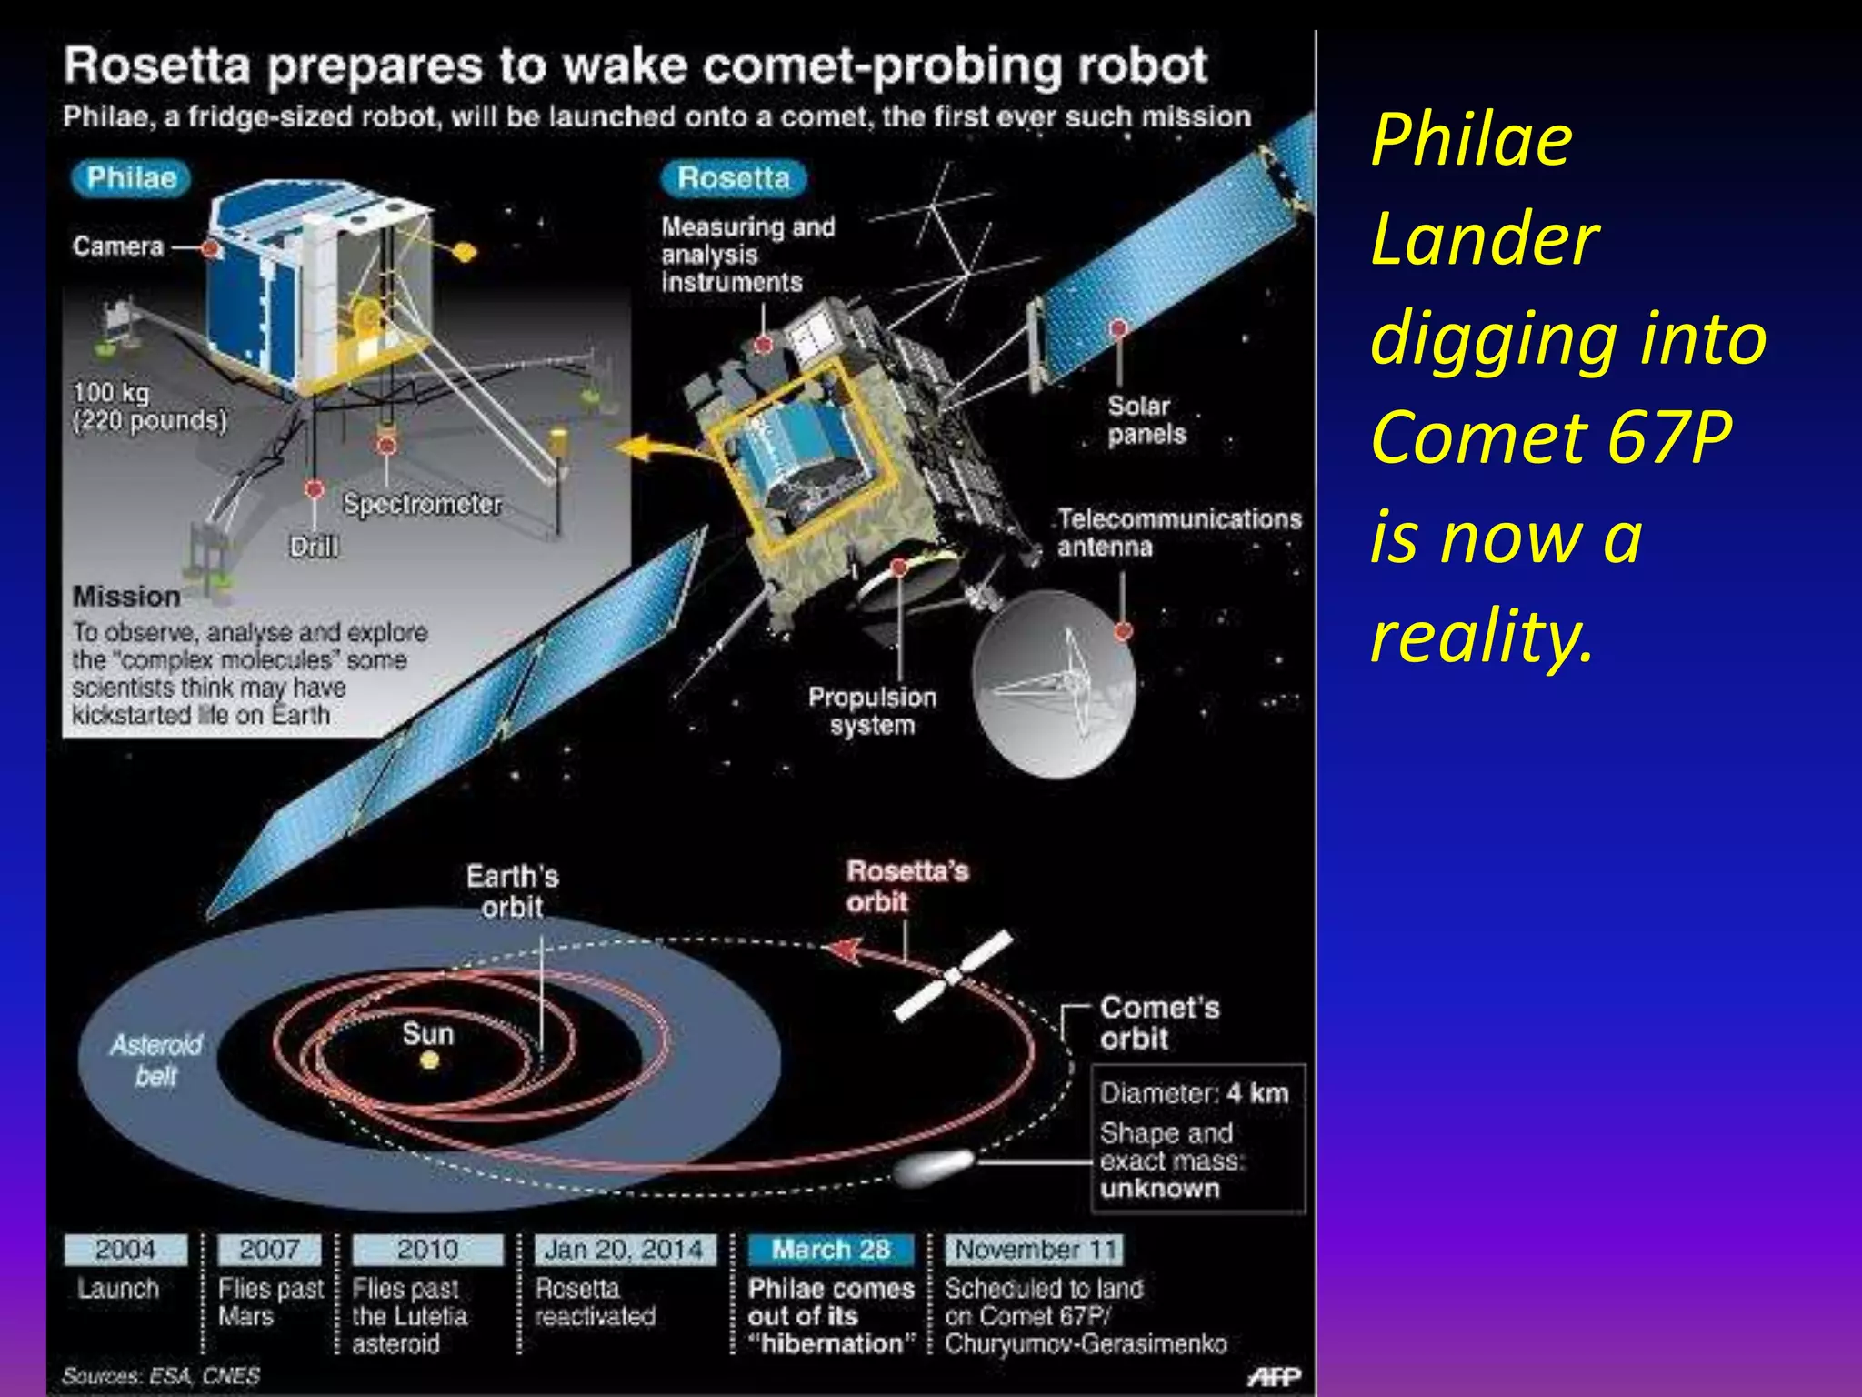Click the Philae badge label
click(x=131, y=177)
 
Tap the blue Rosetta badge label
click(x=733, y=178)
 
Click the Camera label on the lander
click(x=118, y=246)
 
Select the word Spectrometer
click(x=422, y=504)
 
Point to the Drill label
click(x=313, y=547)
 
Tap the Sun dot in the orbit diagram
click(x=430, y=1060)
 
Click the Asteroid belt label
click(x=155, y=1060)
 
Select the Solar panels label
click(x=1146, y=420)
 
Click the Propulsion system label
click(x=872, y=711)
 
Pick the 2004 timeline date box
click(x=125, y=1250)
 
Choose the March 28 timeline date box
click(x=830, y=1250)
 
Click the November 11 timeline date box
click(x=1035, y=1250)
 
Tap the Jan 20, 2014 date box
click(x=624, y=1250)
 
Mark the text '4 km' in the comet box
click(x=1256, y=1093)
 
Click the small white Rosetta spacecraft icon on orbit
click(x=952, y=977)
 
